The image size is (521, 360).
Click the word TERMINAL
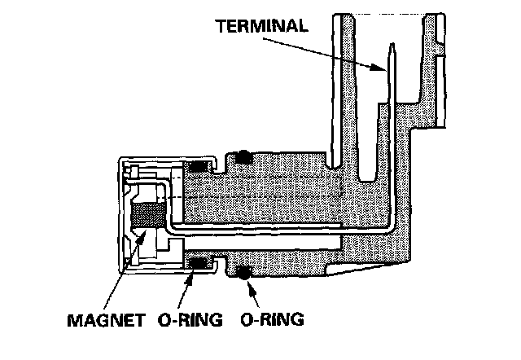262,24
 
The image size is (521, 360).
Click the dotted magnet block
147,216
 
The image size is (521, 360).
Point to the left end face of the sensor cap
122,216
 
